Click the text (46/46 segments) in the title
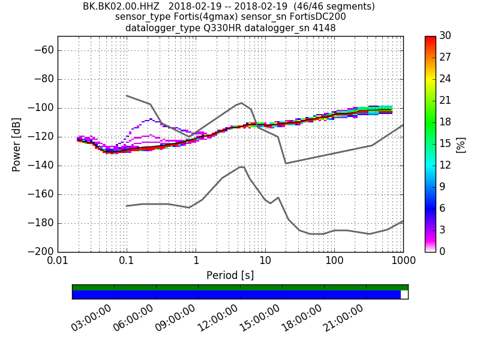[337, 7]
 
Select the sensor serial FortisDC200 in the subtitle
[312, 17]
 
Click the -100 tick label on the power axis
[40, 108]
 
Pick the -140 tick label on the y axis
[40, 166]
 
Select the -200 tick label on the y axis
[40, 252]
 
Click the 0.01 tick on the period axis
[58, 262]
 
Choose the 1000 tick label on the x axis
[403, 262]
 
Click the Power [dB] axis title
[17, 144]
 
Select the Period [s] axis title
[230, 275]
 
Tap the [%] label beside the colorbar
[460, 144]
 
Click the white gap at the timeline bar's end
[404, 295]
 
